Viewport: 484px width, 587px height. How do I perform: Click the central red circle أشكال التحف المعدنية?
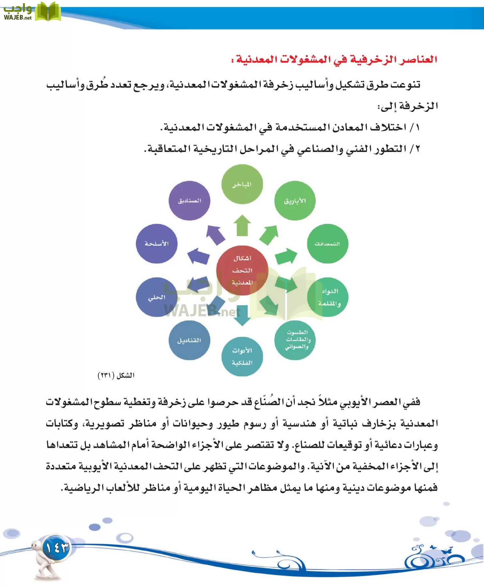[x=242, y=270]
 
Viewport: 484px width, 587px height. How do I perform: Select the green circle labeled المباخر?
[x=242, y=184]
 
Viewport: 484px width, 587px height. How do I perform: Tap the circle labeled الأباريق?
[x=295, y=201]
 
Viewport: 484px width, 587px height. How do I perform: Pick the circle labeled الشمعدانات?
[x=328, y=244]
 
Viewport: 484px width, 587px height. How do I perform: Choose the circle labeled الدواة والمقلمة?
[x=328, y=297]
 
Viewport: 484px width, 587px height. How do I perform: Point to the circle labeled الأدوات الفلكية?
[x=242, y=356]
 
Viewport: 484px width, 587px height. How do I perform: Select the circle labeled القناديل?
[x=189, y=340]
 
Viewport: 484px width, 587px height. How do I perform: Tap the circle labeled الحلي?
[x=156, y=297]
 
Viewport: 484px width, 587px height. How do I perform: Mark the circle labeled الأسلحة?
[x=156, y=244]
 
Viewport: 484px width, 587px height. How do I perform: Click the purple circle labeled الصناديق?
[x=189, y=201]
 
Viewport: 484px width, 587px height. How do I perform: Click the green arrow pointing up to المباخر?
[x=242, y=226]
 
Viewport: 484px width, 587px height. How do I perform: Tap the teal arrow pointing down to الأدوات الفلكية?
[x=242, y=315]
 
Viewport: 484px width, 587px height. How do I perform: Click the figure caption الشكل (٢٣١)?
[x=116, y=375]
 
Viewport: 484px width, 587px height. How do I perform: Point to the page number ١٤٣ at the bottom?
[x=56, y=548]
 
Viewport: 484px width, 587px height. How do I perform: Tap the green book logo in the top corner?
[x=48, y=12]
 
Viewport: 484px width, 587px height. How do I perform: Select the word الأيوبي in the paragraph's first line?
[x=358, y=402]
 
